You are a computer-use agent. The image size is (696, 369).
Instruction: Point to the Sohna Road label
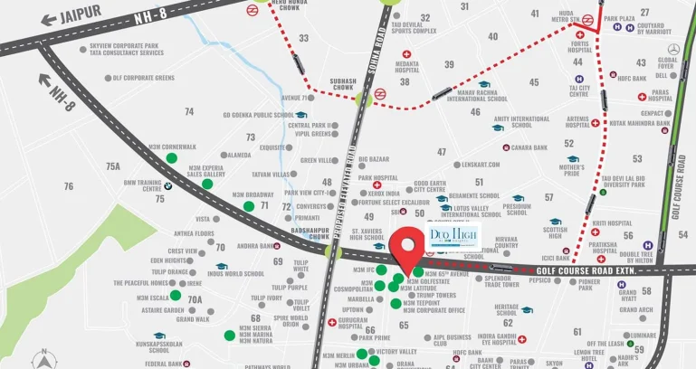coord(369,36)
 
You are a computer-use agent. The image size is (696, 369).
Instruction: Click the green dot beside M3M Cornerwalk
coord(172,158)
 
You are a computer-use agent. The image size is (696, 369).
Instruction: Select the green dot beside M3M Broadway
coord(249,205)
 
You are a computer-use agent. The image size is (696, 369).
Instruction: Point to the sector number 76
coord(68,186)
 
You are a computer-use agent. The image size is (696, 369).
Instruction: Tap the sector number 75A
coord(112,166)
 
